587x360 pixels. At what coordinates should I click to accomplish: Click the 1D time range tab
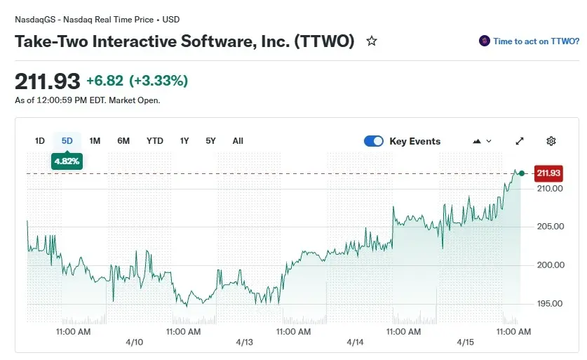point(40,141)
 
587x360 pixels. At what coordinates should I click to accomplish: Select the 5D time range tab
point(67,141)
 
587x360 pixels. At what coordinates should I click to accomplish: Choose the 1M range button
point(95,141)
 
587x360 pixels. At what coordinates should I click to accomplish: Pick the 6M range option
point(123,141)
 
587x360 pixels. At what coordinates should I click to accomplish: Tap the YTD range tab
point(154,141)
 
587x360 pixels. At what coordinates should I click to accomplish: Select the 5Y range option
point(210,141)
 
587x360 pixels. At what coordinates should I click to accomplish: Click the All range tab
point(238,141)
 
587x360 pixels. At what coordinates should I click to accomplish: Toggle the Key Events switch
point(374,141)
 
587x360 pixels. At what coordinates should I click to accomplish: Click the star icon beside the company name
point(372,41)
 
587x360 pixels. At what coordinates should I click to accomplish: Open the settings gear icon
point(551,141)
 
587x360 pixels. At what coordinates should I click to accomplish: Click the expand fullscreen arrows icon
point(520,141)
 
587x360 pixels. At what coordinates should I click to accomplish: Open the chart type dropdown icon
point(483,141)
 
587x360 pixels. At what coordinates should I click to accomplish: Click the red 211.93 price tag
point(549,173)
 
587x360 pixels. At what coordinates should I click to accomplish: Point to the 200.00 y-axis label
point(550,265)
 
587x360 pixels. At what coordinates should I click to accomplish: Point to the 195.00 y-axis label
point(550,304)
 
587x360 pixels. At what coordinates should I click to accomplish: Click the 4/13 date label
point(244,342)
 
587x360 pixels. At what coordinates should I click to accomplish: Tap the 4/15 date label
point(466,342)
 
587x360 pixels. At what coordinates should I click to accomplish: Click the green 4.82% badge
point(67,161)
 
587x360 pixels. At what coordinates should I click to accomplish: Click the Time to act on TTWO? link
point(536,41)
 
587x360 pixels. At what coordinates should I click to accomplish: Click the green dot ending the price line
point(521,173)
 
